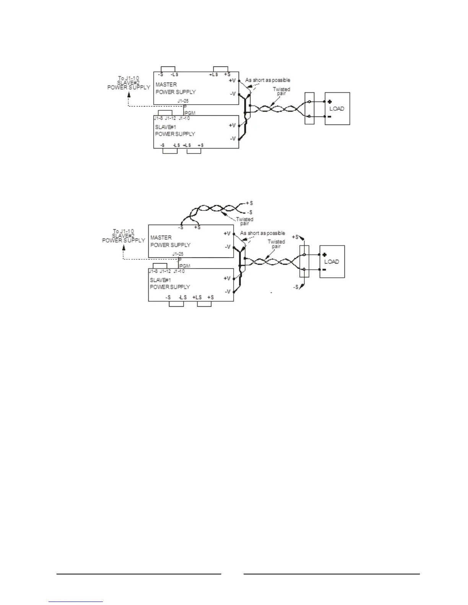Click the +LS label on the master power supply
[213, 74]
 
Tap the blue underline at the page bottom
[76, 602]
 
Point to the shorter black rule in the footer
[139, 574]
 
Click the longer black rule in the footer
[331, 574]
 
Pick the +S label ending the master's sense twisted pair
[249, 203]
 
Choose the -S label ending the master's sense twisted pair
[249, 212]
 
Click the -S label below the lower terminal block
[296, 287]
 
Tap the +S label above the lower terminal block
[296, 237]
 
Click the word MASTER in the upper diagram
[166, 84]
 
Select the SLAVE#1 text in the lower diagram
[160, 280]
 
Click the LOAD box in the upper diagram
[337, 108]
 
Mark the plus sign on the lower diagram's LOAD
[324, 255]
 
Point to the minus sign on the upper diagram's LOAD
[329, 116]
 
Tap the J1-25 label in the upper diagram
[183, 101]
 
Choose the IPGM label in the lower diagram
[185, 266]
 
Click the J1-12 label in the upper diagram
[170, 118]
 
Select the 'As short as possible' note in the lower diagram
[262, 233]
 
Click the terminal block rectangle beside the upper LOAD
[309, 108]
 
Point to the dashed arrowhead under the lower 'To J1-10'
[123, 247]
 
